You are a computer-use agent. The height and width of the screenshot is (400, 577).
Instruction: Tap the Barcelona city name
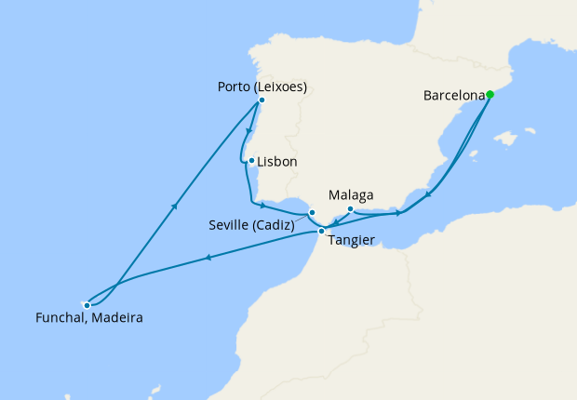tap(454, 95)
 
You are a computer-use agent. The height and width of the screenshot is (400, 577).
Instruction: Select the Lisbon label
tap(277, 162)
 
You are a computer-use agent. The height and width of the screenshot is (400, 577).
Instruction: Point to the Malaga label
tap(352, 195)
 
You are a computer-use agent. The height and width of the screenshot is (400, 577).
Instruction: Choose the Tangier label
tap(352, 240)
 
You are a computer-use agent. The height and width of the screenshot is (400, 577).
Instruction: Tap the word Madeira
tap(118, 317)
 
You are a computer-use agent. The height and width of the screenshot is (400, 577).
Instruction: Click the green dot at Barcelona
tap(490, 94)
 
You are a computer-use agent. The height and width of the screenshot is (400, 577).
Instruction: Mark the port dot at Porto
tap(262, 100)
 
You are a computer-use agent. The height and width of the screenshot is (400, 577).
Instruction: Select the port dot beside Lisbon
tap(251, 161)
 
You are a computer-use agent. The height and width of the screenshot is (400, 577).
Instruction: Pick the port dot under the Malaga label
tap(350, 208)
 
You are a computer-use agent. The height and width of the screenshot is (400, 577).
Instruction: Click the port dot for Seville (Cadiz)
tap(312, 213)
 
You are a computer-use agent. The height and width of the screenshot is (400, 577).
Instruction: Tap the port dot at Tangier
tap(321, 231)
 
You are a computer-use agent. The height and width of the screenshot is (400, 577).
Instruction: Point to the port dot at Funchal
tap(87, 304)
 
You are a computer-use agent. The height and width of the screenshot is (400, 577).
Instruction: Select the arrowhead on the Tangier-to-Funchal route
tap(208, 258)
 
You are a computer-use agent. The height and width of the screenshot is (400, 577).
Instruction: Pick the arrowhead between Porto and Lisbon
tap(248, 130)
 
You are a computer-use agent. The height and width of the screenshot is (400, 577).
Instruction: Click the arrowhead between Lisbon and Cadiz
tap(265, 205)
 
